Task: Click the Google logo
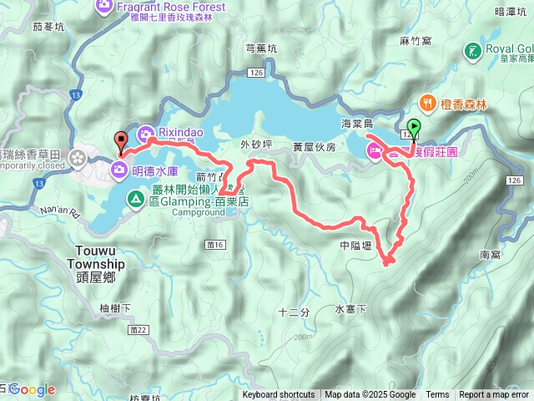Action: click(31, 389)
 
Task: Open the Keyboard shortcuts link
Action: click(279, 395)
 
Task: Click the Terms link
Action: click(437, 395)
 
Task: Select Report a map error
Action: click(495, 395)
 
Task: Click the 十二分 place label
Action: click(294, 312)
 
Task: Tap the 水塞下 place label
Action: click(350, 309)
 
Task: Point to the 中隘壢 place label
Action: click(356, 246)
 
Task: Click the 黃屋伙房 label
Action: click(314, 147)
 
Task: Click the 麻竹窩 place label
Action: click(414, 39)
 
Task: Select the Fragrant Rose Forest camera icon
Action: click(106, 7)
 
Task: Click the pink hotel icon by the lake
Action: click(374, 151)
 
